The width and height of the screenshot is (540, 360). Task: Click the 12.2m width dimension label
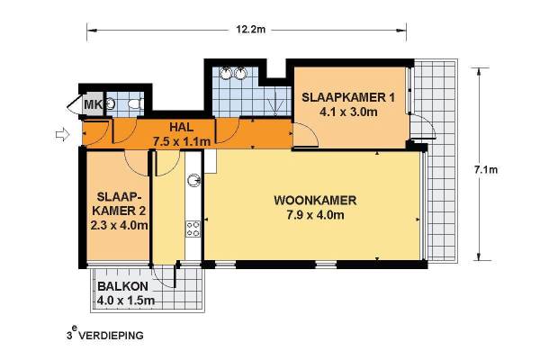coord(251,30)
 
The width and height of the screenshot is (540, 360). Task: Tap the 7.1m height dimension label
coord(486,170)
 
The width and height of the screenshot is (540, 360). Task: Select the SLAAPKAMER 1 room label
coord(348,97)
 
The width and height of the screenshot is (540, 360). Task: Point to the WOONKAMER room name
coord(315,200)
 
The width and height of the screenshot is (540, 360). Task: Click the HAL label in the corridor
coord(181,127)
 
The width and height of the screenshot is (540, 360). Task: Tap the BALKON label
coord(123,286)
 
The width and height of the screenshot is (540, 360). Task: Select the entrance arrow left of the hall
coord(63,135)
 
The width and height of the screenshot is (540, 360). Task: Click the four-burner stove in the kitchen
coord(193,229)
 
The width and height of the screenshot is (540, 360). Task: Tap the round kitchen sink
coord(193,180)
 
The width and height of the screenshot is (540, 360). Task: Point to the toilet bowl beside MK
coord(136,103)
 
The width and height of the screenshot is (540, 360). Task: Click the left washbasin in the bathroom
coord(226,74)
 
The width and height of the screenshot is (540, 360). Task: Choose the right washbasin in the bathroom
coord(240,74)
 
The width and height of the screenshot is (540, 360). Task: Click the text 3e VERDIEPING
coord(105,335)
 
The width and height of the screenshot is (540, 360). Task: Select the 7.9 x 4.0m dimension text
coord(315,215)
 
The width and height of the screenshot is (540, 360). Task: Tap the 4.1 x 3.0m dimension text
coord(348,112)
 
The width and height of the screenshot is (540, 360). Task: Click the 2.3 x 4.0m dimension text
coord(119,226)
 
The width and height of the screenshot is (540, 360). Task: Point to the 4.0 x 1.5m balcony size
coord(126,301)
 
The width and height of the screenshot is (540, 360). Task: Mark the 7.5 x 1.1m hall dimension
coord(181,141)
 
